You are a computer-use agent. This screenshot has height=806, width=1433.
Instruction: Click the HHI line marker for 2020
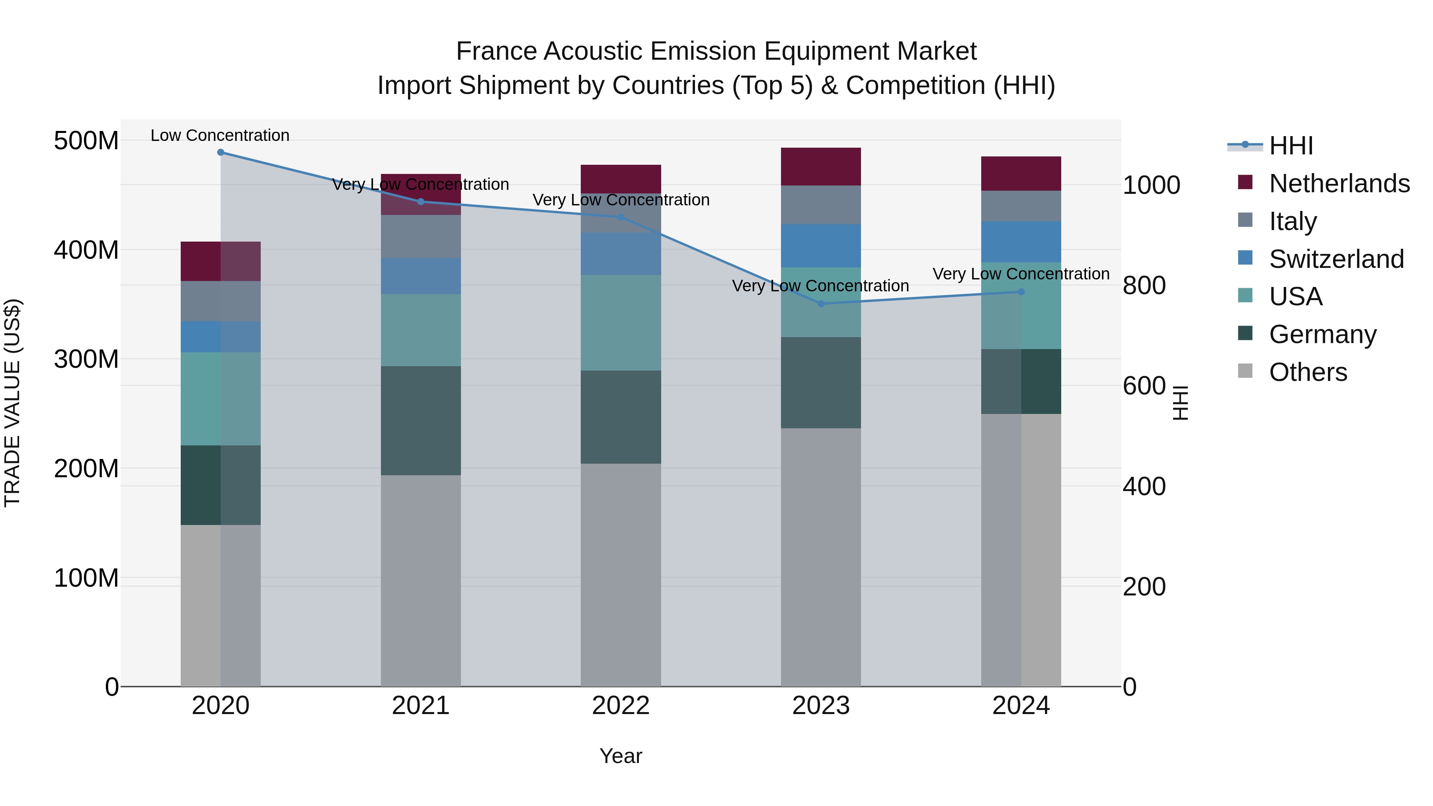click(221, 152)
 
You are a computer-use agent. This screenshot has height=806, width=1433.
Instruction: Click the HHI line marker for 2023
click(821, 304)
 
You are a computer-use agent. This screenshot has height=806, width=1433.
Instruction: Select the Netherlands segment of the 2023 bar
click(821, 167)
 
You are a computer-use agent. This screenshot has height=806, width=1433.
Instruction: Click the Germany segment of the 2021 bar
click(421, 421)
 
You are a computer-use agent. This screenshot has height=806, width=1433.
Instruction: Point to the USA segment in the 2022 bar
click(621, 323)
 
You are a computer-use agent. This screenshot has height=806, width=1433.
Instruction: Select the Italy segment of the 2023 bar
click(821, 205)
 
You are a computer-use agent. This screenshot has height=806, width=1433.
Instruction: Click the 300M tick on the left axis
click(86, 359)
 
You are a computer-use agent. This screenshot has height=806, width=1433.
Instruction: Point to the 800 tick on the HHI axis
click(1144, 286)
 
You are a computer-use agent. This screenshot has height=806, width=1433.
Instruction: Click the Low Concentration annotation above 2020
click(220, 136)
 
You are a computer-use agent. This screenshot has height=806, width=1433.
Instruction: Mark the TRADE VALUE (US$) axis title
click(12, 403)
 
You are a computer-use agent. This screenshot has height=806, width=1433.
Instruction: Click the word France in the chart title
click(497, 52)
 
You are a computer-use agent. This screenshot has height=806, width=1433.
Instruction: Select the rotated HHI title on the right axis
click(1179, 403)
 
